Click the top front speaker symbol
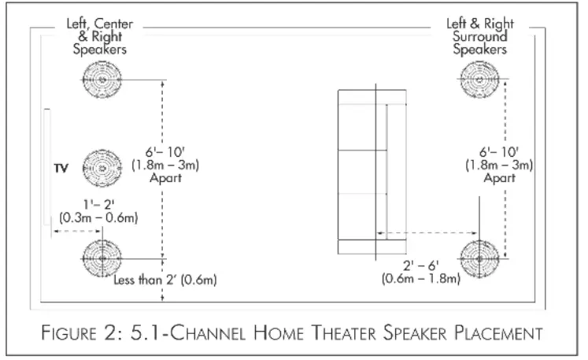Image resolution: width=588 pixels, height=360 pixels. pos(101,80)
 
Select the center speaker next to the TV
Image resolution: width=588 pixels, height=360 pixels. pos(101,168)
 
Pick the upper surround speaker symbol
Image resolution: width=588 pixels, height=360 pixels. pos(479,80)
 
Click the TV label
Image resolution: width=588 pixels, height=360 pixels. pos(61,168)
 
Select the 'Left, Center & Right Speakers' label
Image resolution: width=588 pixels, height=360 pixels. pos(99,36)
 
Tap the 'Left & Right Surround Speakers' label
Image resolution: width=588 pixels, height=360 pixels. pos(479,36)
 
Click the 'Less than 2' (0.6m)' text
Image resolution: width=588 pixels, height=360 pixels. pos(165,279)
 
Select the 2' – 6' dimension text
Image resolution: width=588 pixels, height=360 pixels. pos(420,265)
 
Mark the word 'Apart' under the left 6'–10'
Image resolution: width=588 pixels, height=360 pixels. pos(165,178)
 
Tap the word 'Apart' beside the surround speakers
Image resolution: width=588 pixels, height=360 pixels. pos(499,178)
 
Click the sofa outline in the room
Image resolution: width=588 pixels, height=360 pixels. pos(372,171)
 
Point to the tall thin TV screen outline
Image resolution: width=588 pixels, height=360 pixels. pos(46,168)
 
